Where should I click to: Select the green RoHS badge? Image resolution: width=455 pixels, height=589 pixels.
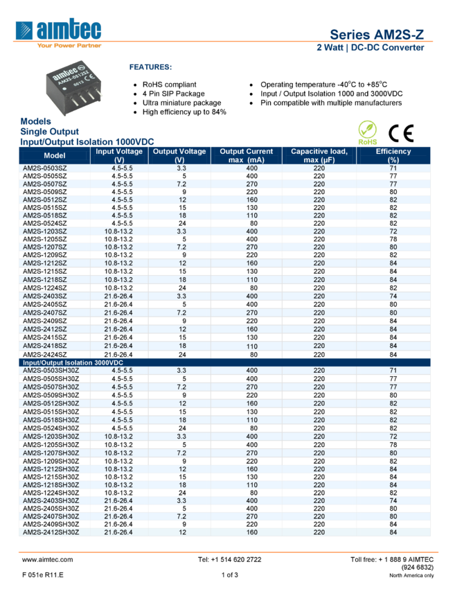pyautogui.click(x=368, y=132)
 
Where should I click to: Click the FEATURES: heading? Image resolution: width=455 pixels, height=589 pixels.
pyautogui.click(x=150, y=67)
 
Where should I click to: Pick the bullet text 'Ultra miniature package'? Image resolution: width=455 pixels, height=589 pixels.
pyautogui.click(x=181, y=103)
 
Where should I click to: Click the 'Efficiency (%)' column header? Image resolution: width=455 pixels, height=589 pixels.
pyautogui.click(x=393, y=155)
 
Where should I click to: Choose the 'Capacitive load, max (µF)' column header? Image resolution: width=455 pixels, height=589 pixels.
pyautogui.click(x=319, y=155)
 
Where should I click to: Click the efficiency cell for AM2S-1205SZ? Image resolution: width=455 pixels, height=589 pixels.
pyautogui.click(x=393, y=239)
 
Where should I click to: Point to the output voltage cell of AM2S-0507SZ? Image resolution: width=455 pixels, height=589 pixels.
pyautogui.click(x=181, y=184)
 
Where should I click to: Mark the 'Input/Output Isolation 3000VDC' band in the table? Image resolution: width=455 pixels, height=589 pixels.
pyautogui.click(x=73, y=362)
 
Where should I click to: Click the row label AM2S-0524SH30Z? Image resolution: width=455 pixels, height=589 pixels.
pyautogui.click(x=51, y=428)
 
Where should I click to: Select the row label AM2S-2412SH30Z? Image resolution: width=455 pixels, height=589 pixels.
pyautogui.click(x=51, y=532)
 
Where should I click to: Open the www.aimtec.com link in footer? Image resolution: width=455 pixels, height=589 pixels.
pyautogui.click(x=47, y=559)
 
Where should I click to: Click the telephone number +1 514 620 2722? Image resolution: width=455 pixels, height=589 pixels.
pyautogui.click(x=229, y=559)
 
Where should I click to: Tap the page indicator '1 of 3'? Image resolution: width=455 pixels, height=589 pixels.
pyautogui.click(x=229, y=575)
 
